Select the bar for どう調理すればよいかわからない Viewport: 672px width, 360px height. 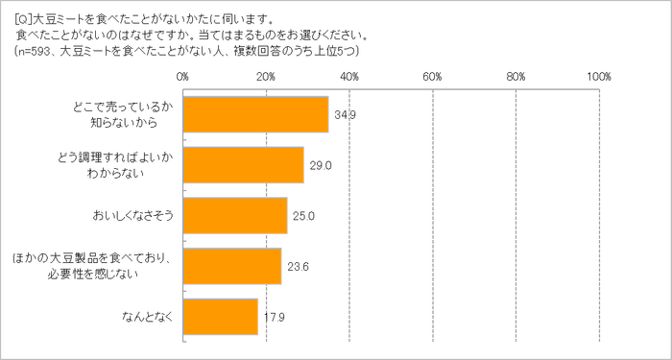pyautogui.click(x=243, y=165)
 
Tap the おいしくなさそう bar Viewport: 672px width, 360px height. pyautogui.click(x=234, y=215)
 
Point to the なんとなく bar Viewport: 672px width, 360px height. pyautogui.click(x=220, y=316)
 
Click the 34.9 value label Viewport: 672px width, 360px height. pyautogui.click(x=343, y=115)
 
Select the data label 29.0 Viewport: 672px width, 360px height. pyautogui.click(x=319, y=165)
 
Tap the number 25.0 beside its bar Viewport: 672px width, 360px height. pyautogui.click(x=301, y=215)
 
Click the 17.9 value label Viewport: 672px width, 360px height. pyautogui.click(x=272, y=316)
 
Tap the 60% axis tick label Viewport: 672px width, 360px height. pyautogui.click(x=432, y=75)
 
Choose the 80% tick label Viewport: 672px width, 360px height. pyautogui.click(x=516, y=75)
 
